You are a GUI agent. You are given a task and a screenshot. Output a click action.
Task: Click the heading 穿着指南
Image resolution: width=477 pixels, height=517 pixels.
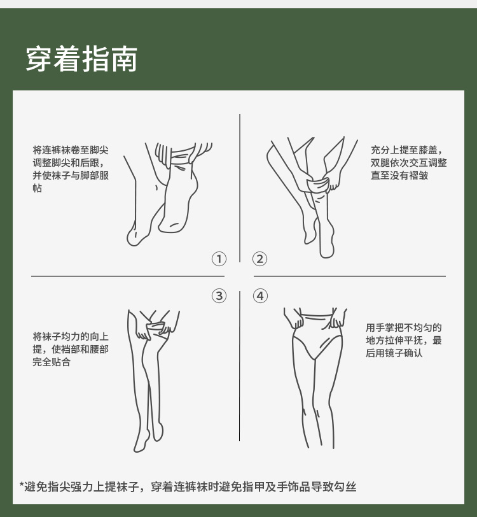click(x=81, y=59)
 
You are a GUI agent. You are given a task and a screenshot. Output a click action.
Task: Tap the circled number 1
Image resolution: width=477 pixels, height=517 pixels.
click(x=219, y=259)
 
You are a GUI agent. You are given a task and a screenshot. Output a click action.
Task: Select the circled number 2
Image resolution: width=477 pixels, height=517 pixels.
click(x=260, y=259)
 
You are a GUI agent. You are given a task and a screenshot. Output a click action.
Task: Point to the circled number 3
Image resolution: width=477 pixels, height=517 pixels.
click(x=219, y=296)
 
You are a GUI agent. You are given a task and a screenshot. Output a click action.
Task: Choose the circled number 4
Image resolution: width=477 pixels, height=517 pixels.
click(x=260, y=296)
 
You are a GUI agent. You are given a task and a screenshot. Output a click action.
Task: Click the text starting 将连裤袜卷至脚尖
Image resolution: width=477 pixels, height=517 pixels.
click(x=71, y=169)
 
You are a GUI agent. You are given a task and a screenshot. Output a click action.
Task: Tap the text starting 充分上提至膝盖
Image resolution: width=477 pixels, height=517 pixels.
click(x=409, y=162)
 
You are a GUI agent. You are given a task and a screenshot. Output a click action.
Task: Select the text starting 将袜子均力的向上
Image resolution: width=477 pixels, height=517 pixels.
click(x=71, y=349)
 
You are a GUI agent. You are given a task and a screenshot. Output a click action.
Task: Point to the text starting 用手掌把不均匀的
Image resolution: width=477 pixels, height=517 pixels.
click(x=403, y=340)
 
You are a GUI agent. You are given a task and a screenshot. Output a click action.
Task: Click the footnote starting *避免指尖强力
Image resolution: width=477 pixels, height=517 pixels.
click(x=188, y=486)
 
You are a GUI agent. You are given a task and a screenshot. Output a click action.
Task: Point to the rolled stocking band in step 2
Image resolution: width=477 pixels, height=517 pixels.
click(x=317, y=185)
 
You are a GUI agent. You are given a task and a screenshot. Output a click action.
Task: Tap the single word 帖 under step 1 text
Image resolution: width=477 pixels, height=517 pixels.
click(x=38, y=188)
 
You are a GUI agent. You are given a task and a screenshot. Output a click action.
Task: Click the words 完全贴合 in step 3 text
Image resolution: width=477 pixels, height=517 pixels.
click(x=52, y=362)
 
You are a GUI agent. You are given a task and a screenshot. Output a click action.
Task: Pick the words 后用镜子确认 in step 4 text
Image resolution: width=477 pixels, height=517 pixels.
click(x=394, y=353)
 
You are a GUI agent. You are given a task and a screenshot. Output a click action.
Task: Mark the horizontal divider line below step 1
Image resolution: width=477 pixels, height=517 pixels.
click(x=128, y=276)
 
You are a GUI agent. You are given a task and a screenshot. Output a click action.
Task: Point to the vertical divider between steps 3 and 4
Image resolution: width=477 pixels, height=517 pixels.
click(x=240, y=366)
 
